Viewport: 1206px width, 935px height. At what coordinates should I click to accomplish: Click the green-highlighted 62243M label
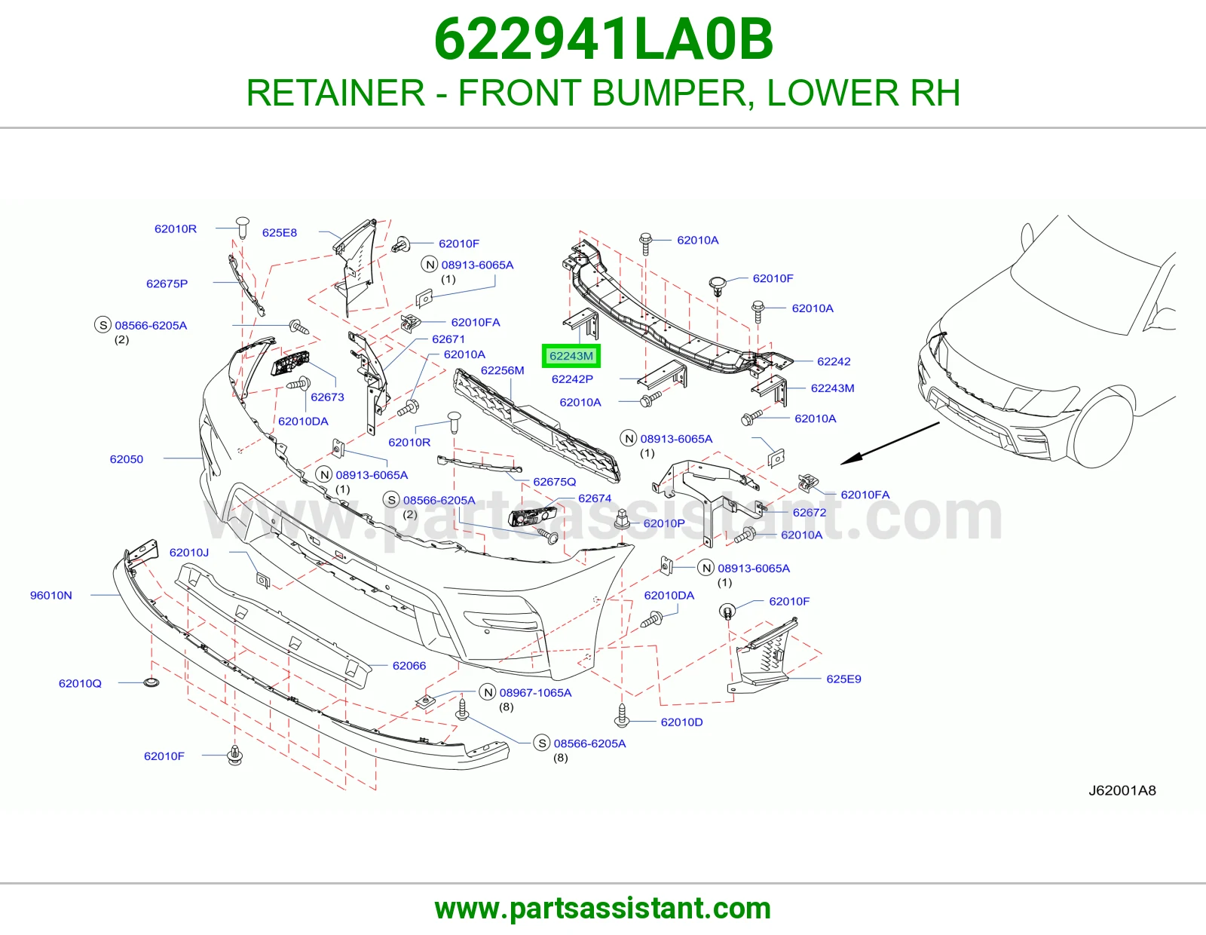pyautogui.click(x=571, y=356)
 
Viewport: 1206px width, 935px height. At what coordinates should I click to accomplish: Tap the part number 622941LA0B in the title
pyautogui.click(x=603, y=39)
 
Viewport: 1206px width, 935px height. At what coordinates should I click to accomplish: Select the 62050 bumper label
pyautogui.click(x=127, y=459)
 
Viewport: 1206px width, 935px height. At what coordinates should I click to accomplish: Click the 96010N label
pyautogui.click(x=51, y=595)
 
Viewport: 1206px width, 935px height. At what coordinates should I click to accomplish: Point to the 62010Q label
pyautogui.click(x=81, y=683)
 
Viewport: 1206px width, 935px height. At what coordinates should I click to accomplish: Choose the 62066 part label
pyautogui.click(x=409, y=666)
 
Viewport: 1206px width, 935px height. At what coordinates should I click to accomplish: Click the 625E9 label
pyautogui.click(x=843, y=679)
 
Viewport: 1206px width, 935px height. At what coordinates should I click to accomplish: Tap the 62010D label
pyautogui.click(x=681, y=722)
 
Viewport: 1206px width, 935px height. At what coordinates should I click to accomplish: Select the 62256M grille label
pyautogui.click(x=502, y=370)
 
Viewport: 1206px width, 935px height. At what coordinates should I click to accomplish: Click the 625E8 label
pyautogui.click(x=280, y=233)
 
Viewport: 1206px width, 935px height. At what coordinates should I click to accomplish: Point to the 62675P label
pyautogui.click(x=167, y=284)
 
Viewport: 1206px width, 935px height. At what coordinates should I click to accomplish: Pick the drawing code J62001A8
pyautogui.click(x=1122, y=791)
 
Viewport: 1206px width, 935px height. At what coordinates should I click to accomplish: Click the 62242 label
pyautogui.click(x=834, y=361)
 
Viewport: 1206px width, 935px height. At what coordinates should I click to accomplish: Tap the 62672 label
pyautogui.click(x=810, y=513)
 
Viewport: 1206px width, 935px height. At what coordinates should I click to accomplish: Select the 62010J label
pyautogui.click(x=189, y=553)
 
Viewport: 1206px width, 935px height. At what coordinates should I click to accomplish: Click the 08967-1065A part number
pyautogui.click(x=536, y=693)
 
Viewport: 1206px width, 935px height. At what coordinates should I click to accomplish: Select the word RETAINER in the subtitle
pyautogui.click(x=335, y=93)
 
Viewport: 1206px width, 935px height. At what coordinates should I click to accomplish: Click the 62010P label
pyautogui.click(x=664, y=523)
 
